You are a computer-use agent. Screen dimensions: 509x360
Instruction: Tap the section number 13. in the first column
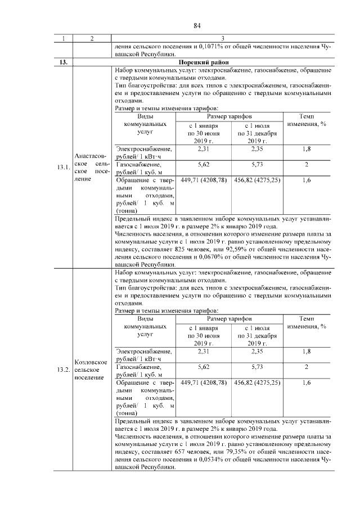pos(63,62)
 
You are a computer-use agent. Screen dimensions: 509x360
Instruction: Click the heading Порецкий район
pos(222,62)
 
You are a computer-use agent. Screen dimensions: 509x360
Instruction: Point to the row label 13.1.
pos(63,167)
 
